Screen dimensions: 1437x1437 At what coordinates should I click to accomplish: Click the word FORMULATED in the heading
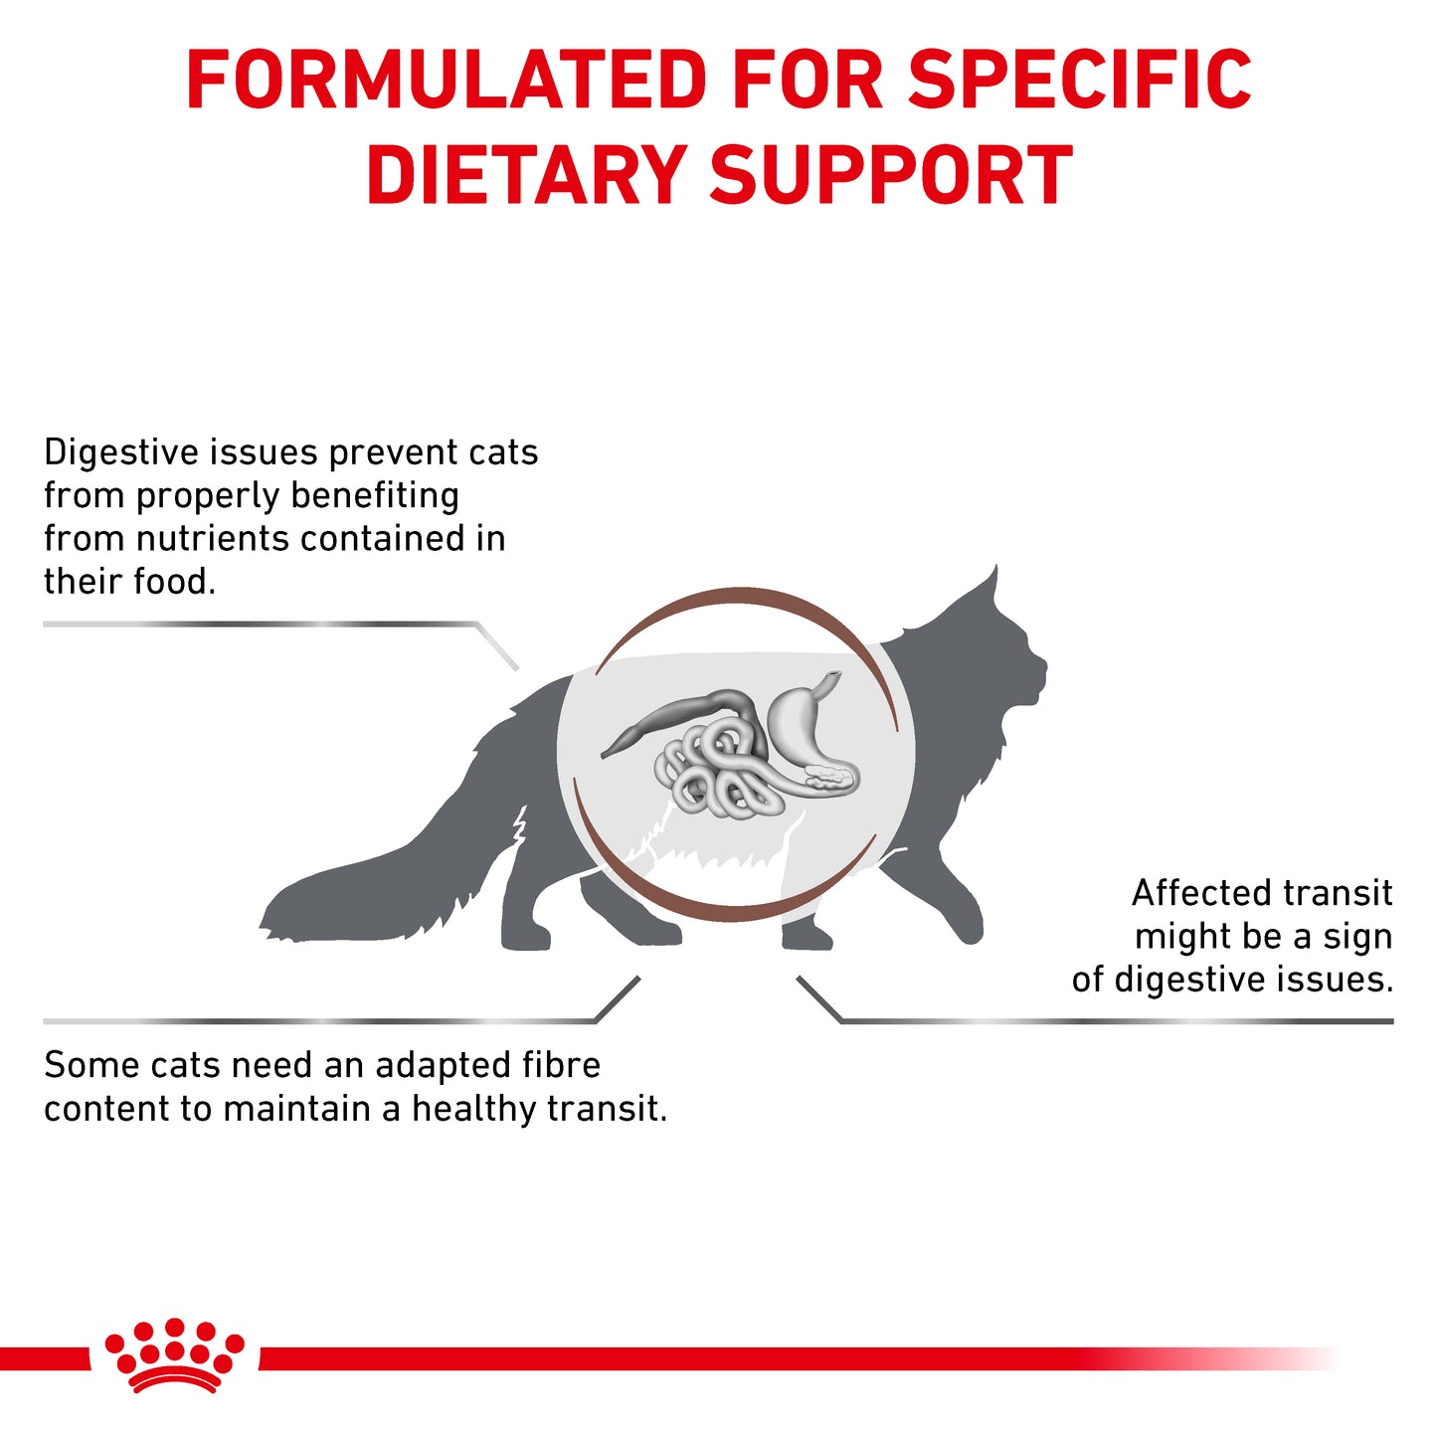click(447, 80)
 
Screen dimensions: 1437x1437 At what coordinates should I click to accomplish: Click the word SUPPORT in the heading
click(891, 176)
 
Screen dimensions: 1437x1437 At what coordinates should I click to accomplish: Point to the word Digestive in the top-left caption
click(121, 453)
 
